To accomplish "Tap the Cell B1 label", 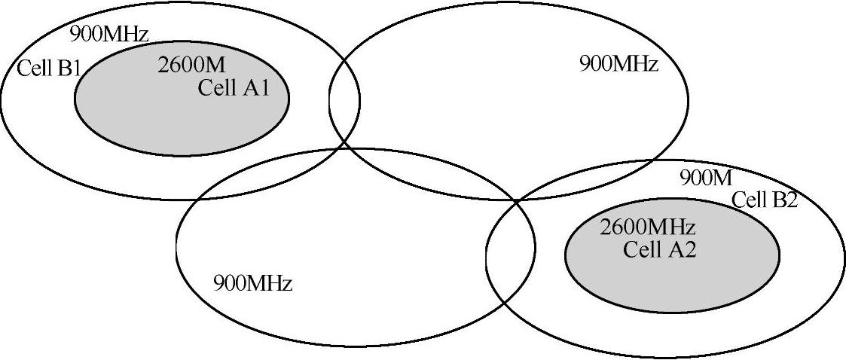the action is [48, 69].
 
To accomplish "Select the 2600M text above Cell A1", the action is [191, 66].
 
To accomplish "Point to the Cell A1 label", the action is [233, 88].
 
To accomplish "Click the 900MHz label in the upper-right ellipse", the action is [618, 63].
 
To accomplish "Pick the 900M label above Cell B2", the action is [706, 178].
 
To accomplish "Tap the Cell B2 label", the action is [764, 200].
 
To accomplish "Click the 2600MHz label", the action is [647, 227].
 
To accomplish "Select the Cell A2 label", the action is [659, 249].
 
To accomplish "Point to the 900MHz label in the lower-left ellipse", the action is [252, 284].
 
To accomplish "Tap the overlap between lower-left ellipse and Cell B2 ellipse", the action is [510, 249].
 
